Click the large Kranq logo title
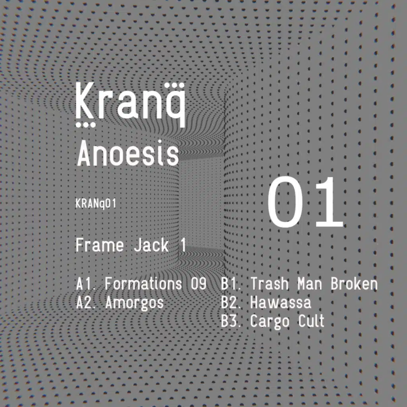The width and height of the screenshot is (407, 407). point(130,105)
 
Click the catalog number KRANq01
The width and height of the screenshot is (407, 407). point(95,204)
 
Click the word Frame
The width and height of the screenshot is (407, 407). point(99,245)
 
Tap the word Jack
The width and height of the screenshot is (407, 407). point(151,245)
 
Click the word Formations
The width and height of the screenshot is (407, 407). point(143,284)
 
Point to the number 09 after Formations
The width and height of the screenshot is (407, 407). point(199,284)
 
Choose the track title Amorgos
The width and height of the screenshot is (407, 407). point(134,303)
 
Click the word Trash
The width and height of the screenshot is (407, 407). point(269,284)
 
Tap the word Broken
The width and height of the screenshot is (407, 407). point(354,284)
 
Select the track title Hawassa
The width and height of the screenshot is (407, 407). point(280,302)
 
